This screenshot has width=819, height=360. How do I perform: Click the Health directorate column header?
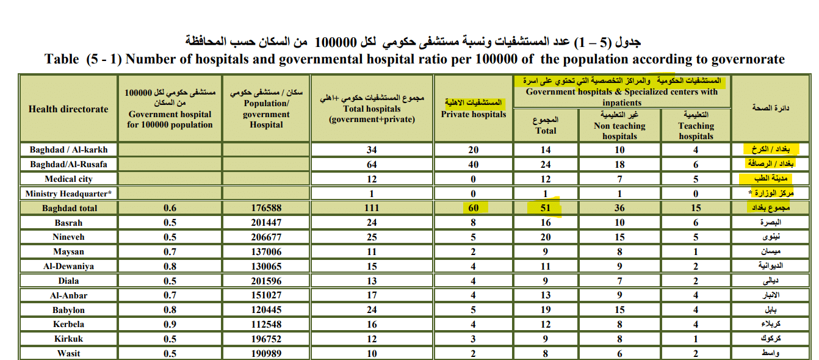click(68, 109)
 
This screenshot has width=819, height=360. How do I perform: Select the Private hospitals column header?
click(474, 114)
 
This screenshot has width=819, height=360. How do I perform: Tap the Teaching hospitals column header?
click(696, 131)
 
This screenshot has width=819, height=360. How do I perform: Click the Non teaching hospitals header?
click(619, 131)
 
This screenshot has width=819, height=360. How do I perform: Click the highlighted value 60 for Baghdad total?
click(474, 208)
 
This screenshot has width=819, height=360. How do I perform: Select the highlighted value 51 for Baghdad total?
click(546, 208)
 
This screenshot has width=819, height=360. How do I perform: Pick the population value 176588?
click(266, 208)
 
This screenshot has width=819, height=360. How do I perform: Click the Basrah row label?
click(68, 223)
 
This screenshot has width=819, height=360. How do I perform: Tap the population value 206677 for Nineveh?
click(266, 237)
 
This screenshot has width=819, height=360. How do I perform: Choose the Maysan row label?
click(68, 252)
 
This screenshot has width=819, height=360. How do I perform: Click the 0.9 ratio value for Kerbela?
click(170, 325)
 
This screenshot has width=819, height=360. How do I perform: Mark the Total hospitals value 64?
click(372, 165)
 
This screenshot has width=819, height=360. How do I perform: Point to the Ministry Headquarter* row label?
click(68, 193)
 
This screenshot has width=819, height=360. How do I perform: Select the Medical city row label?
click(68, 179)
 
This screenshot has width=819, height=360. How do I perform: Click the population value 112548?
click(266, 325)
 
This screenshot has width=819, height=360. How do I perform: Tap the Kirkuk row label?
click(68, 339)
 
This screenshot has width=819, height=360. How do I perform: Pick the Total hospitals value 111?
click(372, 208)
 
